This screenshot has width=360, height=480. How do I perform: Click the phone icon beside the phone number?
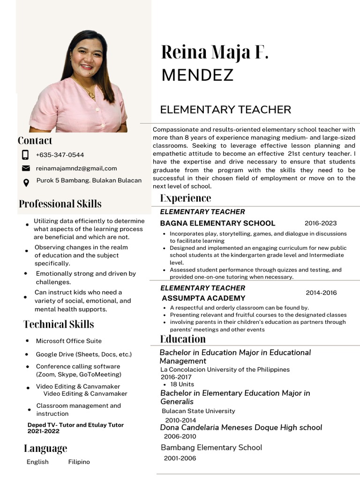click(x=25, y=155)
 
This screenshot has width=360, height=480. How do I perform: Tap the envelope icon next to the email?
click(x=26, y=168)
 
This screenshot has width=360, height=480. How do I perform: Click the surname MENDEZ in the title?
click(x=197, y=75)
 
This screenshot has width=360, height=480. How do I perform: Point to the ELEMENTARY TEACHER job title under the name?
click(x=225, y=110)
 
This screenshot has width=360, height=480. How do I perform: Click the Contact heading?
click(x=35, y=141)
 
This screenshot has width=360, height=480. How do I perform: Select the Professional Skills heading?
click(x=60, y=204)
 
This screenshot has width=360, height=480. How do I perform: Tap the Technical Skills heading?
click(x=59, y=324)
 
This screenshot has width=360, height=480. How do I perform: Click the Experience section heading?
click(x=186, y=198)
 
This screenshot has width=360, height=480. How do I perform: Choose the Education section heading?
click(x=183, y=339)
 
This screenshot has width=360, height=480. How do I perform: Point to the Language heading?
click(x=45, y=449)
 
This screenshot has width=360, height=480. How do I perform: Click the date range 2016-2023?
click(x=321, y=223)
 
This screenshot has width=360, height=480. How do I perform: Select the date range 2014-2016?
click(x=321, y=293)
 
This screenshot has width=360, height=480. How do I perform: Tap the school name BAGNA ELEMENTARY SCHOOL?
click(x=217, y=223)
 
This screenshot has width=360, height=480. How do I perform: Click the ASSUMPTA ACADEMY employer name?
click(x=203, y=298)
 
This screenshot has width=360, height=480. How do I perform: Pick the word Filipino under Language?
click(x=79, y=462)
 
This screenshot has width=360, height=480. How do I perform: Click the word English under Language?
click(x=37, y=462)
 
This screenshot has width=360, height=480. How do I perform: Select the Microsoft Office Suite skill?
click(x=69, y=341)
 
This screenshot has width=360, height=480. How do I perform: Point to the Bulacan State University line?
click(x=198, y=411)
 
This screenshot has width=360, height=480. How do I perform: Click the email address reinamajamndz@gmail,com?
click(x=76, y=168)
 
